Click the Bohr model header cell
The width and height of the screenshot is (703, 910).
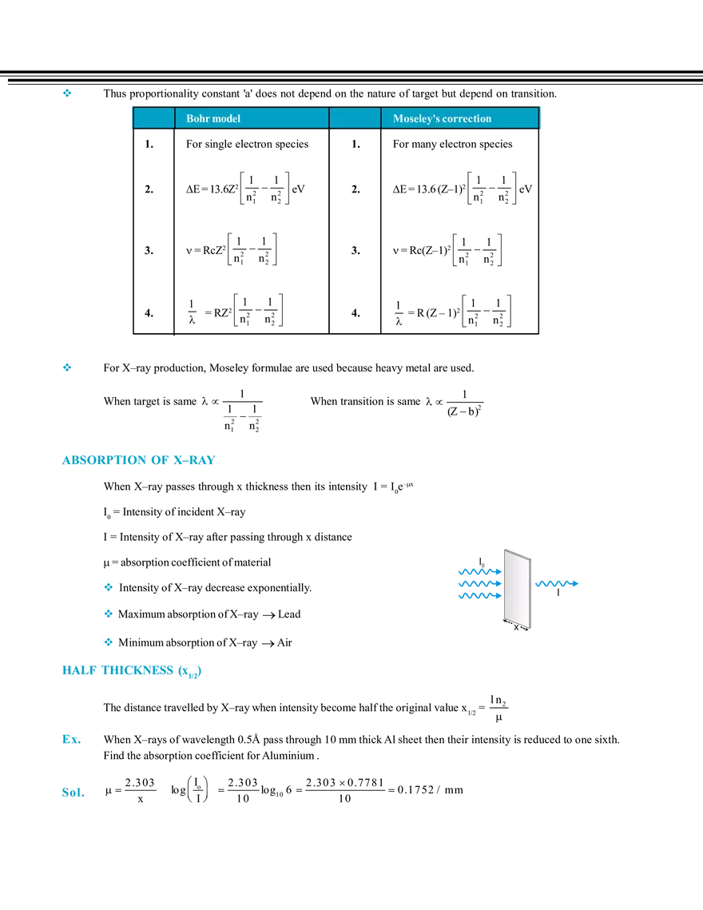[252, 118]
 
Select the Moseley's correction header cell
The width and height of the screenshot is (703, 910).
[460, 118]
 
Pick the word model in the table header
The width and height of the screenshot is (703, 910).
[226, 118]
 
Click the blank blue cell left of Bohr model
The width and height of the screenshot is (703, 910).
[153, 118]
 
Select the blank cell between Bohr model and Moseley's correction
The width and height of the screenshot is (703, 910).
[355, 118]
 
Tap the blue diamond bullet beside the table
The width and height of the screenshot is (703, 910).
[67, 93]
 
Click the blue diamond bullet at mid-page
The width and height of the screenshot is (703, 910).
[66, 367]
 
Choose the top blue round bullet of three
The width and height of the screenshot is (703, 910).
[109, 586]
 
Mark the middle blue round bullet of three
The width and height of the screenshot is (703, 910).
[109, 614]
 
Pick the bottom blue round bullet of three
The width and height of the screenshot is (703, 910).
[109, 642]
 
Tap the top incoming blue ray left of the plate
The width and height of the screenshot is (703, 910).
[477, 570]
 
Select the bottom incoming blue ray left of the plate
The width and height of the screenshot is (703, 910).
[477, 595]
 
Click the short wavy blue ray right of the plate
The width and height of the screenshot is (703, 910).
[557, 583]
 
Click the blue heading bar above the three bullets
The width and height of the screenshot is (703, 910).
[137, 460]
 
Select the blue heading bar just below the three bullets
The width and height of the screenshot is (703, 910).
[130, 671]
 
